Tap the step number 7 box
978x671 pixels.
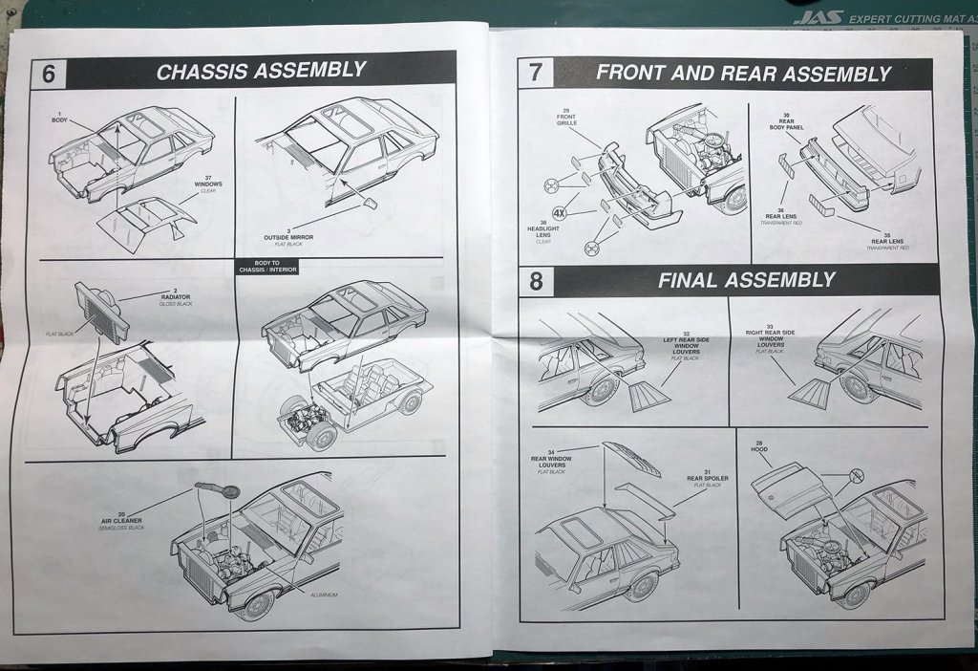[535, 74]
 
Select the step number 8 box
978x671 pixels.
[536, 281]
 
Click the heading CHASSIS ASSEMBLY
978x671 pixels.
[261, 71]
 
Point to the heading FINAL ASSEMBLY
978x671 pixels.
[746, 280]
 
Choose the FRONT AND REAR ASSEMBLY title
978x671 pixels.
[743, 73]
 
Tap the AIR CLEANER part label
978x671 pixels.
[122, 521]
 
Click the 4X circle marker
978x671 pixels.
[560, 212]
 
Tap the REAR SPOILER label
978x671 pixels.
[704, 480]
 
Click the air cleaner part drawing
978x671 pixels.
[218, 490]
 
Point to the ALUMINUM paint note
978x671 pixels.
[323, 595]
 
